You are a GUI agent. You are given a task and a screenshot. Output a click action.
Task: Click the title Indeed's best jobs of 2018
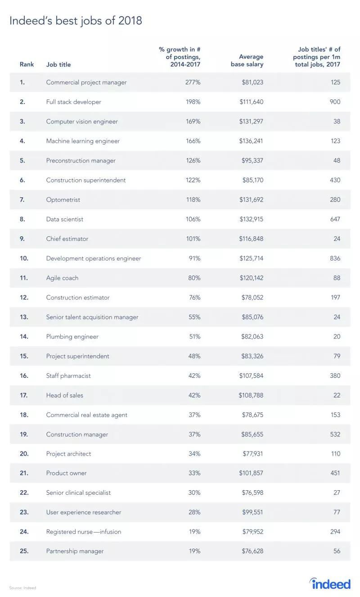(76, 21)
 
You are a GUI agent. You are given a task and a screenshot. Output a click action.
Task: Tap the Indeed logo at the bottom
(329, 583)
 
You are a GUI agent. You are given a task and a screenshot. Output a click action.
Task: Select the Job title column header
(58, 64)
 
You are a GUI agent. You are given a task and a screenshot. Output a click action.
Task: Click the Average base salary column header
(247, 60)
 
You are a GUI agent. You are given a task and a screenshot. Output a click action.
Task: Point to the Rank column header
(27, 64)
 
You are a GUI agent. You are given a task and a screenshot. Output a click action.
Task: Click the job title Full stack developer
(73, 102)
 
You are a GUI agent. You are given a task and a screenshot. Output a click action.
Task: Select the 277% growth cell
(193, 82)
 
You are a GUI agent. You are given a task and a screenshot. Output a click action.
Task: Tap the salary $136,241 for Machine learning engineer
(251, 141)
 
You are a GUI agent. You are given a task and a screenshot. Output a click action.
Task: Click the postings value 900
(335, 102)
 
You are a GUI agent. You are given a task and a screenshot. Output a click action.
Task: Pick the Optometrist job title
(63, 199)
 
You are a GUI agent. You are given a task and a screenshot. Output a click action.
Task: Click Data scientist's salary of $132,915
(251, 219)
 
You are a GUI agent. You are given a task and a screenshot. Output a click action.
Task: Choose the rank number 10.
(24, 258)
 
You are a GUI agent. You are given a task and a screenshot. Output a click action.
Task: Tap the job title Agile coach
(62, 278)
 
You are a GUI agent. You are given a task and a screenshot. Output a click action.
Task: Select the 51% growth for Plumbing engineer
(195, 336)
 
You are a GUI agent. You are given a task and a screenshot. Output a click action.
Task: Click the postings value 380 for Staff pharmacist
(335, 375)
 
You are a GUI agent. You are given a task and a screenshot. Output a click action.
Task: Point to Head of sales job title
(64, 395)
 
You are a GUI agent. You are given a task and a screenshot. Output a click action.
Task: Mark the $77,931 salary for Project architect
(252, 454)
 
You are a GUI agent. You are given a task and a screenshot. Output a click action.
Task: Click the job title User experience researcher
(83, 512)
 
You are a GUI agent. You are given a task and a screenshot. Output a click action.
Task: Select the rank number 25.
(24, 551)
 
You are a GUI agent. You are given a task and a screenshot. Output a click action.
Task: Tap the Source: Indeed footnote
(22, 588)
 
